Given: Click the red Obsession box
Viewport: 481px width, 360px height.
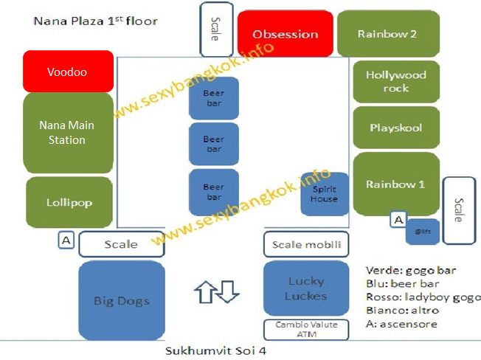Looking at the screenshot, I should [x=285, y=34].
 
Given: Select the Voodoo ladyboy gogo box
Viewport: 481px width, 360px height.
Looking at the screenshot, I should [x=68, y=72].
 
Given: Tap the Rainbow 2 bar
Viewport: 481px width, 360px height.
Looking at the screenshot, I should [x=387, y=34].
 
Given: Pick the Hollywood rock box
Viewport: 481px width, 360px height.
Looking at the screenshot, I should [x=395, y=81].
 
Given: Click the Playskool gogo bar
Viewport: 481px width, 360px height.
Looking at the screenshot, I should [x=395, y=128].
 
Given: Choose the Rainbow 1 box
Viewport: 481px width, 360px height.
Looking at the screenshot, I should [x=395, y=184].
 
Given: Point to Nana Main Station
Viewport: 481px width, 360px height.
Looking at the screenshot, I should [x=67, y=133].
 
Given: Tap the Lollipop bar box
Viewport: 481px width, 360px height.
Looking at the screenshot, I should [x=69, y=202].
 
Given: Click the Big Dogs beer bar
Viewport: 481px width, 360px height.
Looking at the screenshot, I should [x=122, y=300].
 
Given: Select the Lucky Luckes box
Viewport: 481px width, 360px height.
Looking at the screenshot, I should [x=305, y=288].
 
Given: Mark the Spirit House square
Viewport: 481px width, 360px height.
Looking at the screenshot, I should [x=324, y=194].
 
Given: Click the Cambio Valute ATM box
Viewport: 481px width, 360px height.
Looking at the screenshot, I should [x=305, y=329].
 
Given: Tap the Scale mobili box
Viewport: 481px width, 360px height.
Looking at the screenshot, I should [x=306, y=244].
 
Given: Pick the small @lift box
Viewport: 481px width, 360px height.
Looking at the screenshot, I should [x=423, y=231].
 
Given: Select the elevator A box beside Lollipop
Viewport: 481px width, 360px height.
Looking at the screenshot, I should [x=66, y=240].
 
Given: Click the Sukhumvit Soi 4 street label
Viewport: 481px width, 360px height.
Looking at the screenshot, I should [x=215, y=350].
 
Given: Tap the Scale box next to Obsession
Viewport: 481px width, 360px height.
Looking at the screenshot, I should [x=215, y=30].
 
